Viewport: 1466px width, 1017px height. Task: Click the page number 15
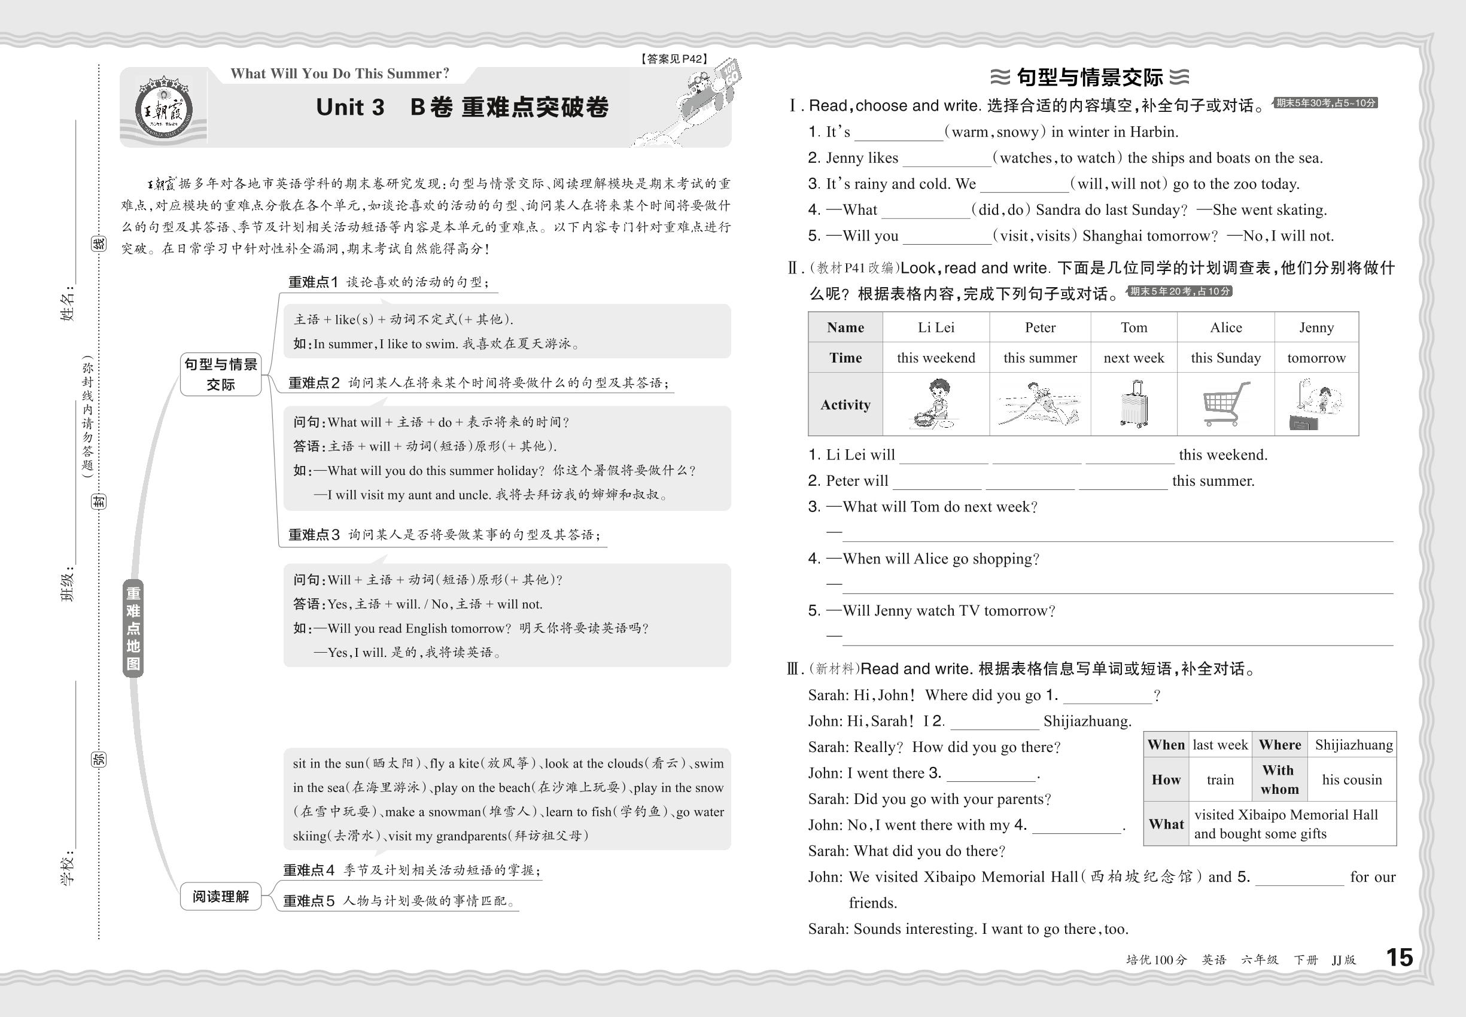[x=1399, y=957]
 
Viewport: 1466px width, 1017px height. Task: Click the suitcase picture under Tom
[x=1133, y=404]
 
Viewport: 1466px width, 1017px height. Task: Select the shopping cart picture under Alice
[x=1224, y=404]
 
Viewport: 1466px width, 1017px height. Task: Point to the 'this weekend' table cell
[x=936, y=358]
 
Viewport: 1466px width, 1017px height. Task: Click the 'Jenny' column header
[x=1316, y=327]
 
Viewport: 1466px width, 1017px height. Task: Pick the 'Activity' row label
[x=845, y=404]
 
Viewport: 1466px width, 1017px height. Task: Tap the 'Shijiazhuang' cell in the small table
[x=1353, y=745]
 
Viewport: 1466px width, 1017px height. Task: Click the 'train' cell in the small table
[x=1220, y=780]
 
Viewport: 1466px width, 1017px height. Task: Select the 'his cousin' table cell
[x=1352, y=780]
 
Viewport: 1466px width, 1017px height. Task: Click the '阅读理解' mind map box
[x=221, y=897]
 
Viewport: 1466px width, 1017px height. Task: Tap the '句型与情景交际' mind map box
[x=221, y=374]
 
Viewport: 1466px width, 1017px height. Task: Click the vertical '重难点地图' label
[x=133, y=628]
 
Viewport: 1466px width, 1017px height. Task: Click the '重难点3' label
[x=314, y=535]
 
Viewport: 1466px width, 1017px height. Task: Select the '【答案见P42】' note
[x=674, y=59]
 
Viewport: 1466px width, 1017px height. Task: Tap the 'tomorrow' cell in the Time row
[x=1316, y=358]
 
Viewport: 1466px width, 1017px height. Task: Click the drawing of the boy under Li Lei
[x=935, y=404]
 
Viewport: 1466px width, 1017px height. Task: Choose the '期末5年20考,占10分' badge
[x=1180, y=291]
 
